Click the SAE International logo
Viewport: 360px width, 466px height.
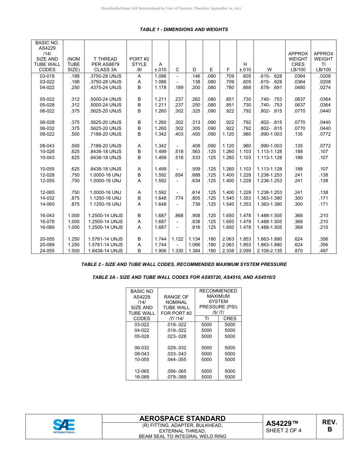64,426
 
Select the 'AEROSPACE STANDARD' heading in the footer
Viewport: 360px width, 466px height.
182,418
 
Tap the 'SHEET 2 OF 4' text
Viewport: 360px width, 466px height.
283,430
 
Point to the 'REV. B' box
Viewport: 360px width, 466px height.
329,426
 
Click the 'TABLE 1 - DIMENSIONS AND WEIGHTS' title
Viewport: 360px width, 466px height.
184,30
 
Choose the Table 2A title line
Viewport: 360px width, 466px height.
184,277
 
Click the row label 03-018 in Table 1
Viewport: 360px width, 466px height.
47,76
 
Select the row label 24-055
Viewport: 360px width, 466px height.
47,251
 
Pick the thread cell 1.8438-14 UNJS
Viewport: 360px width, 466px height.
105,251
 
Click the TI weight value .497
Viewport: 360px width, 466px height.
323,251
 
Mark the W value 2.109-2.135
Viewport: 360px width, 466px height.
269,251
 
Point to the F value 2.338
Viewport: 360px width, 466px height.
228,251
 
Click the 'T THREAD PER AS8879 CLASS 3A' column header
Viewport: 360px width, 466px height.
105,64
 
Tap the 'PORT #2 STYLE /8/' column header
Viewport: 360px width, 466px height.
139,64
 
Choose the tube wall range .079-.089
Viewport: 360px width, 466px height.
176,377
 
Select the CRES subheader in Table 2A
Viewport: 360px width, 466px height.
230,319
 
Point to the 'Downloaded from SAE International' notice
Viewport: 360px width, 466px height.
171,8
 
